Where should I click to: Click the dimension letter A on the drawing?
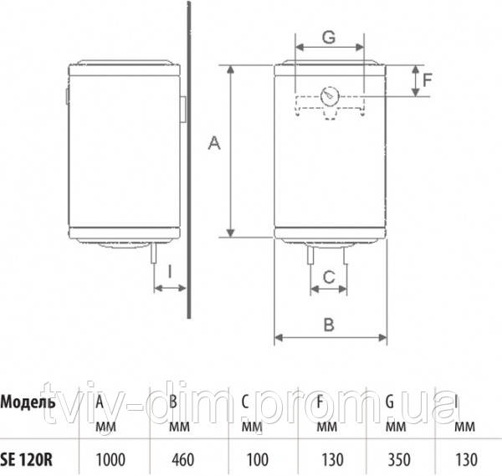coord(213,146)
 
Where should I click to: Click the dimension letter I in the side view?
coord(170,271)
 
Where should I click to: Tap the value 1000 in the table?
coord(112,458)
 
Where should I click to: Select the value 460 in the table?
coord(182,458)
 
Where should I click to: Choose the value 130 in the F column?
coord(328,458)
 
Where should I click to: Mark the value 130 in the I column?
coord(467,458)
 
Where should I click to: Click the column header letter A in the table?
coord(100,399)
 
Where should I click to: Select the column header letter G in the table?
coord(390,399)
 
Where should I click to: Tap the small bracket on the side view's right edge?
coord(182,109)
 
